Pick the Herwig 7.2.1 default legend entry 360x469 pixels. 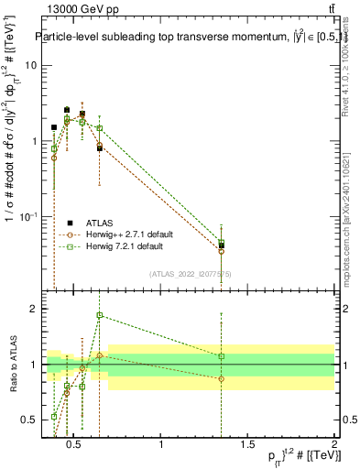(124, 246)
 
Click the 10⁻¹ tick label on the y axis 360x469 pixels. (27, 216)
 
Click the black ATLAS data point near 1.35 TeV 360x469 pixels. (222, 245)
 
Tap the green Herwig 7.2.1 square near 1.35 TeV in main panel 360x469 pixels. (222, 242)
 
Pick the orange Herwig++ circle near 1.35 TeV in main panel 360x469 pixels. (222, 251)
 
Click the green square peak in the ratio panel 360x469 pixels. (100, 315)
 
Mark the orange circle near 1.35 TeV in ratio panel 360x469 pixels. (222, 378)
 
